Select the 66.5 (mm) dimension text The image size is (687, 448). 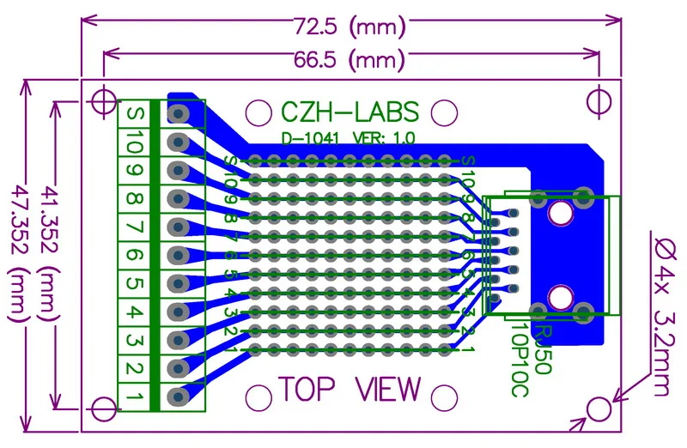point(350,60)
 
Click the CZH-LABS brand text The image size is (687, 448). point(350,112)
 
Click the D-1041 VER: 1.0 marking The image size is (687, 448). point(349,138)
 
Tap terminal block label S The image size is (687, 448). point(135,113)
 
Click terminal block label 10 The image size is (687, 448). point(135,142)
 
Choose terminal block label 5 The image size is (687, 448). point(135,283)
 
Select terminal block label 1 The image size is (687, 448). point(135,397)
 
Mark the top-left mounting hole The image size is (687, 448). point(103,101)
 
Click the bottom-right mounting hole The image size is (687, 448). point(599,409)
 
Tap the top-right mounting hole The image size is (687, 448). point(599,101)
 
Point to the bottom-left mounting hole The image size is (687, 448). point(104,409)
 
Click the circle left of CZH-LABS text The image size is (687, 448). point(258,112)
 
